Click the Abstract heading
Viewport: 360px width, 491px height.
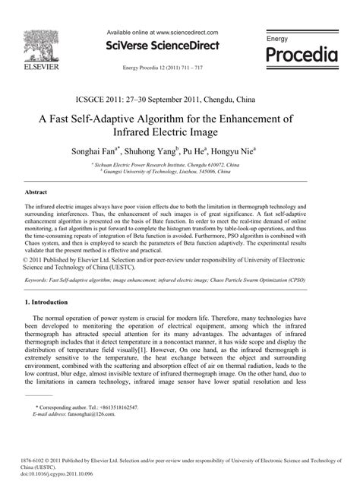[36, 193]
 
